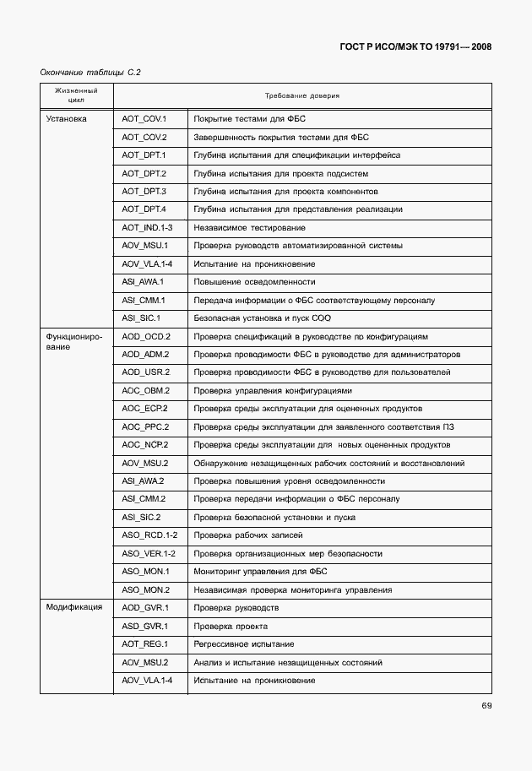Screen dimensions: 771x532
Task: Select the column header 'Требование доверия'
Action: (x=301, y=95)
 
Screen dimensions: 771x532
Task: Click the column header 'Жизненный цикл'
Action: (x=76, y=95)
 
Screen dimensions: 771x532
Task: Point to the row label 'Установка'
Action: (x=66, y=119)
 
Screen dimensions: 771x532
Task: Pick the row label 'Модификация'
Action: (x=74, y=607)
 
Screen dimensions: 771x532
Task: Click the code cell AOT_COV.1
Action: (x=144, y=119)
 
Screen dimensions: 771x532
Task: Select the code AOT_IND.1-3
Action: (x=147, y=228)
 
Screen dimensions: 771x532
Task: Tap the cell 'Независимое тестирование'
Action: (x=249, y=228)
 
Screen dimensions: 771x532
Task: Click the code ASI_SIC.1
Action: (x=141, y=318)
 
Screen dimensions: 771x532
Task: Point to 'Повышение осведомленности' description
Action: (x=254, y=282)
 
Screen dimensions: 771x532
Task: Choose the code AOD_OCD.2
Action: (x=145, y=336)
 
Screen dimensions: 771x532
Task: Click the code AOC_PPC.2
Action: (x=145, y=426)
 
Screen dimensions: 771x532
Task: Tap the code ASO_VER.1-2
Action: (x=149, y=553)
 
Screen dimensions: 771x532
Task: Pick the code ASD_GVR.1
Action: (x=145, y=626)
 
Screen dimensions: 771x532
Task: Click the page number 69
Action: (x=486, y=706)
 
